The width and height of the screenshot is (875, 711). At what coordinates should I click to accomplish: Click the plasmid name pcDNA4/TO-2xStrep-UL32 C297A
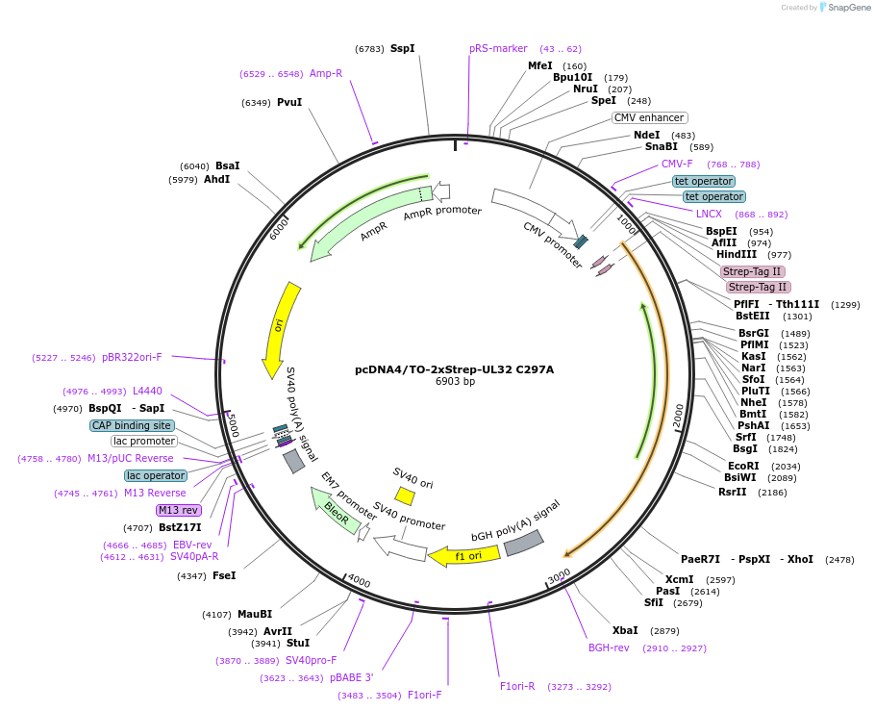click(x=454, y=369)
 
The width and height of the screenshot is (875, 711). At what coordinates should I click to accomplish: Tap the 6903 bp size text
click(x=455, y=381)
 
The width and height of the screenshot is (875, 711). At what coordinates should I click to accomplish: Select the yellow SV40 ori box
click(x=405, y=495)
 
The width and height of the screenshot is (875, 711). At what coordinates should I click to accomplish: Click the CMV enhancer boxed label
click(x=650, y=117)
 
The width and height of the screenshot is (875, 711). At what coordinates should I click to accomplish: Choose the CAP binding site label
click(x=132, y=425)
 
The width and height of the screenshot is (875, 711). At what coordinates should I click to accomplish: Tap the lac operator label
click(x=156, y=476)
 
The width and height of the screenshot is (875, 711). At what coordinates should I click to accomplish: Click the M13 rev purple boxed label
click(x=179, y=510)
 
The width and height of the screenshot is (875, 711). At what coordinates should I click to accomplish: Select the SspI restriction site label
click(x=402, y=49)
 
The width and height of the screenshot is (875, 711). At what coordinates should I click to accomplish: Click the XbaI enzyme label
click(x=625, y=630)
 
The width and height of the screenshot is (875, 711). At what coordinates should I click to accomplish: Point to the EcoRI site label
click(x=743, y=466)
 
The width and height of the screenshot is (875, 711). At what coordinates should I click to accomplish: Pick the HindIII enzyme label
click(x=737, y=255)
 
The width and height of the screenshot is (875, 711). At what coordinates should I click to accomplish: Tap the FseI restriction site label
click(x=224, y=576)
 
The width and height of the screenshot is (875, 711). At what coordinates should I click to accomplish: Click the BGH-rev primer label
click(x=609, y=648)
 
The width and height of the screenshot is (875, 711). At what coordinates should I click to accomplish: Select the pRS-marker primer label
click(x=498, y=49)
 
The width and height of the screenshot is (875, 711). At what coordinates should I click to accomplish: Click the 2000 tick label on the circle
click(x=679, y=416)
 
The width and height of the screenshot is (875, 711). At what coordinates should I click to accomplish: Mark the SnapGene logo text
click(x=849, y=8)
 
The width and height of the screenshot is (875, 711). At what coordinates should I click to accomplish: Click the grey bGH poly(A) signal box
click(x=524, y=543)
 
